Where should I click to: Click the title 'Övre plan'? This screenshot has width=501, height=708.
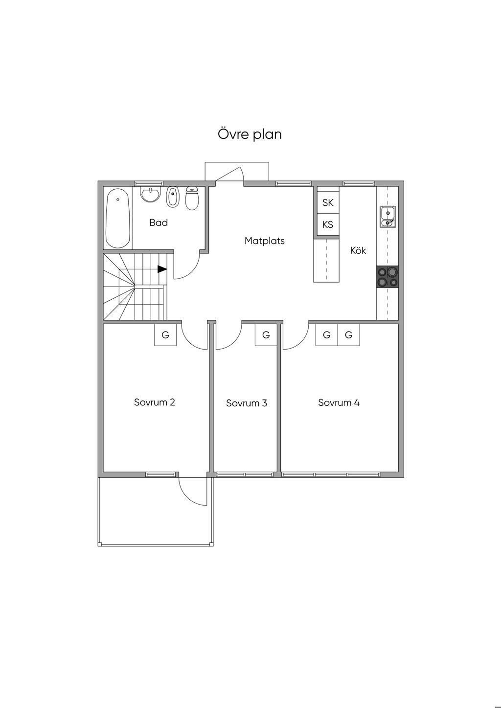[x=250, y=134]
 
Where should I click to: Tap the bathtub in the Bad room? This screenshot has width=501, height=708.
[x=118, y=219]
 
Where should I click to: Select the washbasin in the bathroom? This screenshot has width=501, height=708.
[x=150, y=195]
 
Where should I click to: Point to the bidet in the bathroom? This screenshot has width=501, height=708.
[x=172, y=197]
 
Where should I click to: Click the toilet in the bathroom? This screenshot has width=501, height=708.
[x=192, y=198]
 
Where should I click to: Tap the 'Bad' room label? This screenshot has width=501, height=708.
[x=159, y=223]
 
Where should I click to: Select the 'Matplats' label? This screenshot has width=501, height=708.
[x=264, y=241]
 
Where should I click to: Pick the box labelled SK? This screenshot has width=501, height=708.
[x=328, y=202]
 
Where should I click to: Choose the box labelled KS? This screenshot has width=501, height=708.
[x=328, y=224]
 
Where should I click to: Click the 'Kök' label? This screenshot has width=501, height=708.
[x=358, y=250]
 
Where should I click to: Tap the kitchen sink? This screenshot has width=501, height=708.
[x=388, y=217]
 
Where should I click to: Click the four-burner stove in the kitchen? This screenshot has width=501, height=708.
[x=387, y=277]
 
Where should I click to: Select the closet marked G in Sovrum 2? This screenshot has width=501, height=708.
[x=165, y=335]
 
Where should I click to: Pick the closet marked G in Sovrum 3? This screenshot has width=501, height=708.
[x=266, y=335]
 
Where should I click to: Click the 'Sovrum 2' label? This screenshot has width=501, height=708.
[x=154, y=402]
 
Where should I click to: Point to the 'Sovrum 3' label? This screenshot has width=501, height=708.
[x=247, y=403]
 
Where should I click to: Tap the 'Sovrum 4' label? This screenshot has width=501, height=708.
[x=339, y=403]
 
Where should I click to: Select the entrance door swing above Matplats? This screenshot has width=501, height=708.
[x=230, y=175]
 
